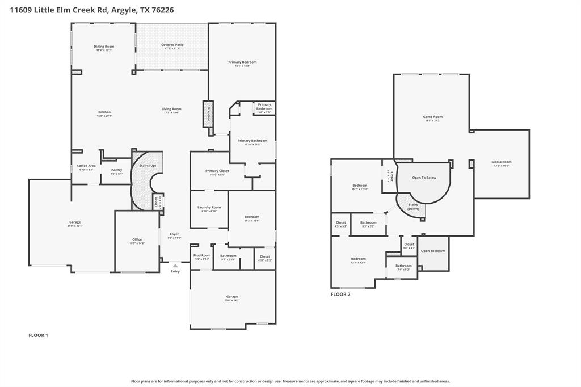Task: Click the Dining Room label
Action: [x=104, y=47]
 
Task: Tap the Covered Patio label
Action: [x=172, y=45]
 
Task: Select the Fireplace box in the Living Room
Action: [x=208, y=114]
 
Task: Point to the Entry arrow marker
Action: [x=175, y=265]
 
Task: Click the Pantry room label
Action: [x=116, y=170]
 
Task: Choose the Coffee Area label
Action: [x=86, y=166]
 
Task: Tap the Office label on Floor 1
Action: [x=137, y=239]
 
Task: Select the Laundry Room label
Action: [x=209, y=207]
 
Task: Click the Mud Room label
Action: [x=203, y=255]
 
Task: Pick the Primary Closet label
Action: [x=217, y=171]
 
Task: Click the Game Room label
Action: [x=432, y=117]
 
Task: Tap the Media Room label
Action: [x=501, y=162]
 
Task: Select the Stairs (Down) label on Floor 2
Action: [x=413, y=207]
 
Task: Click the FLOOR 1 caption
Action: [x=39, y=335]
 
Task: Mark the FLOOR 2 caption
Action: [x=340, y=295]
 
